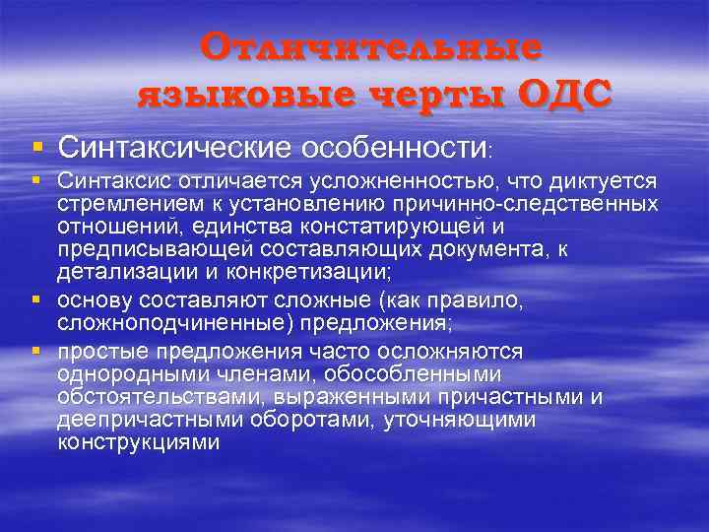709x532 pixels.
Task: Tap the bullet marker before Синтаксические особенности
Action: point(36,147)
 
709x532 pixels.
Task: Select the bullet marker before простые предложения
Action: point(36,352)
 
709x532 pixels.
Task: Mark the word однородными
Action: point(122,375)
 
